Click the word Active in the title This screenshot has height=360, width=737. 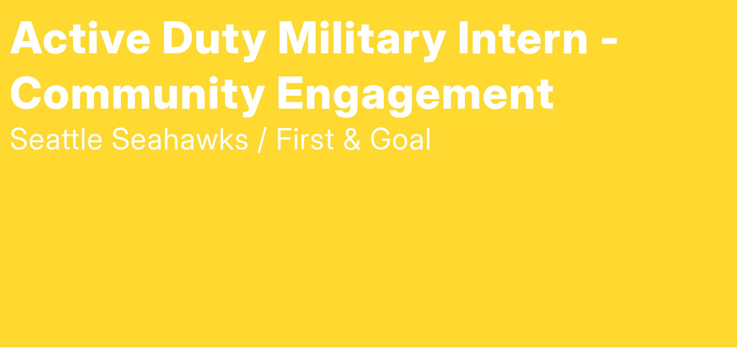tap(80, 37)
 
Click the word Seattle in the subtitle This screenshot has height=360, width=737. tap(56, 139)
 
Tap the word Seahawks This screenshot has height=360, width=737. tap(180, 139)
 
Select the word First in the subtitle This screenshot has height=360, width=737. tap(305, 139)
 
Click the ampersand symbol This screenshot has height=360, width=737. tap(352, 139)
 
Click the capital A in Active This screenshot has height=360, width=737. tap(26, 37)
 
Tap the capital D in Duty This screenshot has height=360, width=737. tap(179, 37)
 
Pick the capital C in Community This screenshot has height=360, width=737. tap(26, 93)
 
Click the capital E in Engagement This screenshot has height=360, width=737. tap(291, 93)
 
